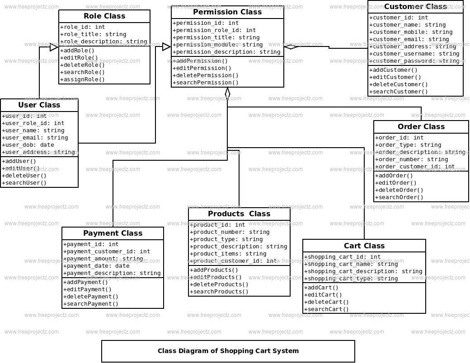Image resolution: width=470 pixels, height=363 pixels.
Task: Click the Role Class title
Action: pyautogui.click(x=104, y=16)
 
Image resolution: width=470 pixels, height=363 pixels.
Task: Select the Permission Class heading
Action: pyautogui.click(x=227, y=12)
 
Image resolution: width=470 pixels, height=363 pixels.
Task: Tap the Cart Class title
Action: pyautogui.click(x=364, y=246)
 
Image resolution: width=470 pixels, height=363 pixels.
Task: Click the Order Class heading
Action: pyautogui.click(x=421, y=127)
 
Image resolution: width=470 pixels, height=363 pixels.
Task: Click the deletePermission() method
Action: pyautogui.click(x=206, y=75)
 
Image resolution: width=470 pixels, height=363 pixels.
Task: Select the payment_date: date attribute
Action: pyautogui.click(x=97, y=266)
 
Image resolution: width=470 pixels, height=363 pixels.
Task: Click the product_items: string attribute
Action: pyautogui.click(x=228, y=254)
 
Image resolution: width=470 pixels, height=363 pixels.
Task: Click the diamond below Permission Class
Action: pyautogui.click(x=227, y=93)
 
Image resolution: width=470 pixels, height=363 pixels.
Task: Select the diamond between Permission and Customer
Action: pyautogui.click(x=291, y=47)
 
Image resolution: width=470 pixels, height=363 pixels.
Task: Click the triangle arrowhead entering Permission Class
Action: pyautogui.click(x=167, y=47)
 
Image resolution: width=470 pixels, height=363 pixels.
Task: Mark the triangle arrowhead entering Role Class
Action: pyautogui.click(x=54, y=47)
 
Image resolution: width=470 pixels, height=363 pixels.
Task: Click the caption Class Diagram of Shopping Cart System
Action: pyautogui.click(x=228, y=351)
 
